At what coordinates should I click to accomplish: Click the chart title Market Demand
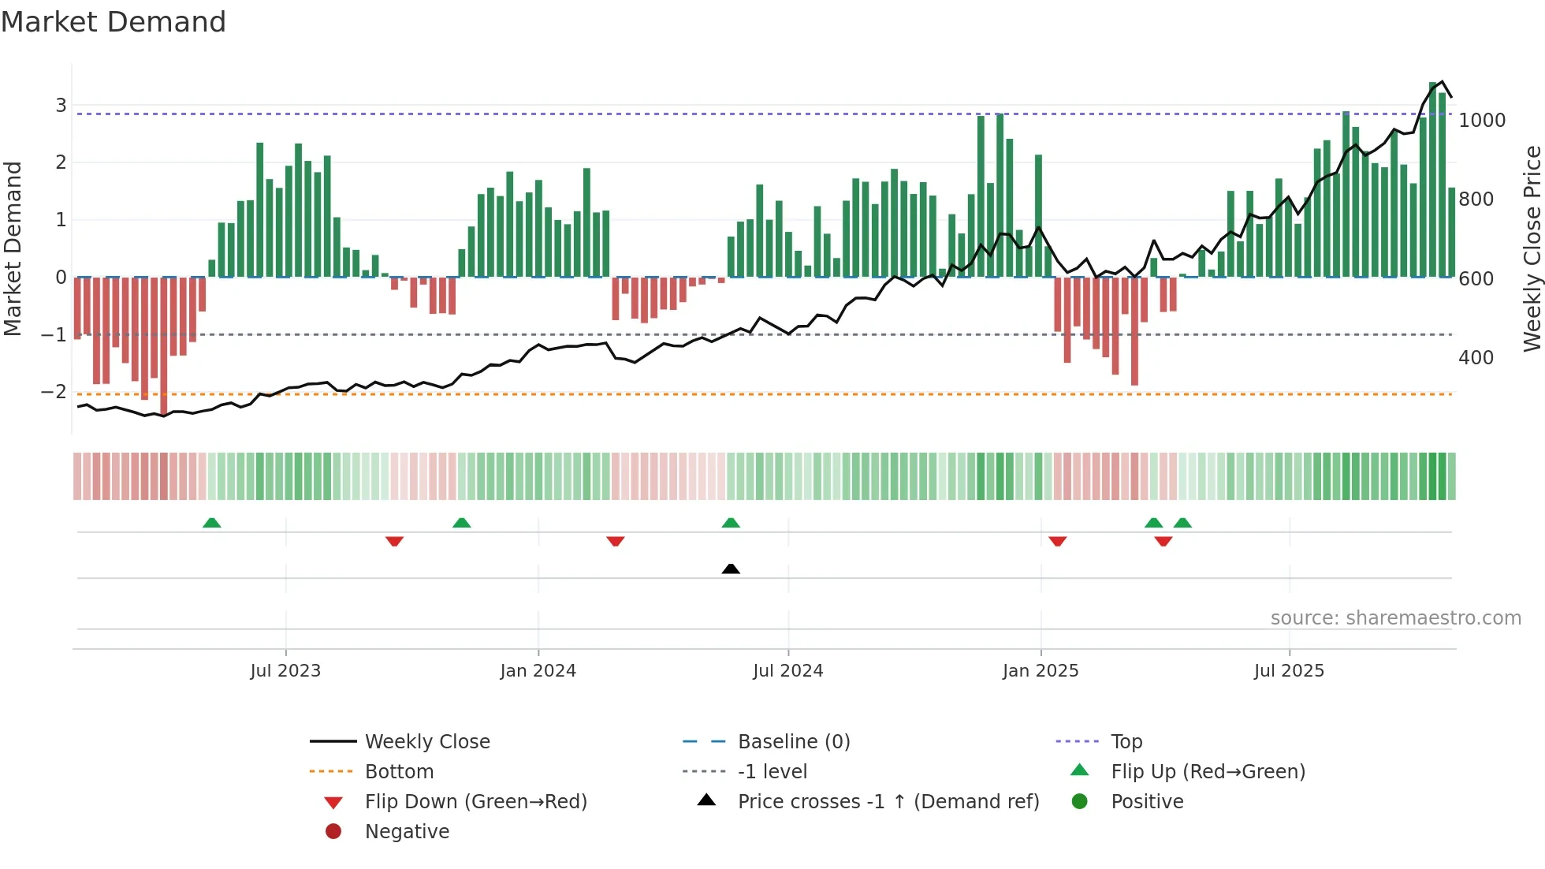(114, 22)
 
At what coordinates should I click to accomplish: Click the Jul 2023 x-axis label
(285, 671)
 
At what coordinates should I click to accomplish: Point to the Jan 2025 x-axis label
(1041, 671)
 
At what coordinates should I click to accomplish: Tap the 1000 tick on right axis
(1482, 121)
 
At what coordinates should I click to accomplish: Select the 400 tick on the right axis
(1476, 358)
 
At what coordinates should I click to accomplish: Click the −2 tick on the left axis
(54, 392)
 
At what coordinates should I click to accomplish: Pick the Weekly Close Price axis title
(1532, 248)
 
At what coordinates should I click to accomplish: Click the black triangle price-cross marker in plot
(731, 569)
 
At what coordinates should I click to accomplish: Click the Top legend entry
(1126, 742)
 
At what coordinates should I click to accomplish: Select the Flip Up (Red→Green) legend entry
(1208, 772)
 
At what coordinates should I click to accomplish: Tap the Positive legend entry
(1147, 802)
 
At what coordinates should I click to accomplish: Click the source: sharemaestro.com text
(1395, 618)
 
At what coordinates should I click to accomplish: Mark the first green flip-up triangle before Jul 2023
(211, 523)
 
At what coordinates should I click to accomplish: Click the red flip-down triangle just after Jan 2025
(1058, 541)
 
